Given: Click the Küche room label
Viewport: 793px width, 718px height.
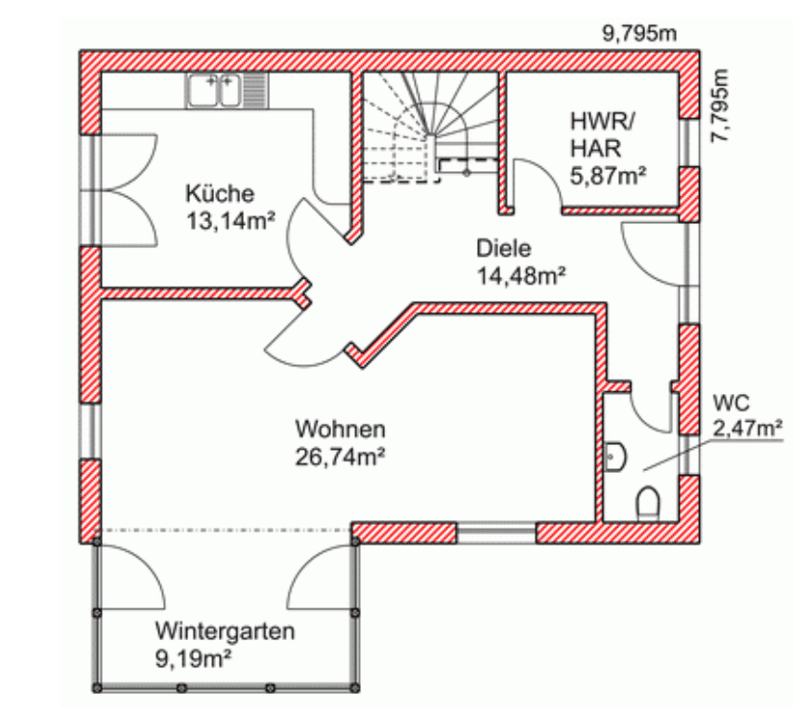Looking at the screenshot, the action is [220, 193].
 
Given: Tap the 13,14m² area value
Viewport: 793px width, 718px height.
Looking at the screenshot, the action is [230, 221].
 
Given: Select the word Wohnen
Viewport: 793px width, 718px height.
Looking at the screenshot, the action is [341, 430].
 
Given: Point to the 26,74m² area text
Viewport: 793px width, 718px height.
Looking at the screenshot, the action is [340, 457].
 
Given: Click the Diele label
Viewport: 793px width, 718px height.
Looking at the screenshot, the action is [504, 249].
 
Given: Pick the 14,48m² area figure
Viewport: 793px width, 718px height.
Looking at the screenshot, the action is [521, 276].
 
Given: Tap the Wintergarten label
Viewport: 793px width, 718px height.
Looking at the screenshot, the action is [225, 631].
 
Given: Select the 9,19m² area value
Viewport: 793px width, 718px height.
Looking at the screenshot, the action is [193, 659].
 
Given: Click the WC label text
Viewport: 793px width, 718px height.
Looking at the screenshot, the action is [732, 403].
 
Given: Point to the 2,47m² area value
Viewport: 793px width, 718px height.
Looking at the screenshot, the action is [748, 429].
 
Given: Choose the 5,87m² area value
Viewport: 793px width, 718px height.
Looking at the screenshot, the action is [608, 176].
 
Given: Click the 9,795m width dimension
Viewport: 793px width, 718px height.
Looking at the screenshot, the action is [639, 34].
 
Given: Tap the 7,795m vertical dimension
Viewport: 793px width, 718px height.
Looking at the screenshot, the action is [720, 106].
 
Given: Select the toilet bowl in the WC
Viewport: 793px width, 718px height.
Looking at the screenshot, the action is [648, 503].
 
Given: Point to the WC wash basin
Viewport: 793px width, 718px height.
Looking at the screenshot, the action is [615, 458].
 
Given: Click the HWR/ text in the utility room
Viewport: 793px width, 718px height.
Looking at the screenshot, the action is [602, 121].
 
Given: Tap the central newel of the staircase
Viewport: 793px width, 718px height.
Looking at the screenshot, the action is [430, 136].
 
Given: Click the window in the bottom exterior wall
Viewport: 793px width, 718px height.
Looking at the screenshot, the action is [496, 533].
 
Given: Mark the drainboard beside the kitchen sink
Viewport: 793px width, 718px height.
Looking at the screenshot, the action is [255, 90].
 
